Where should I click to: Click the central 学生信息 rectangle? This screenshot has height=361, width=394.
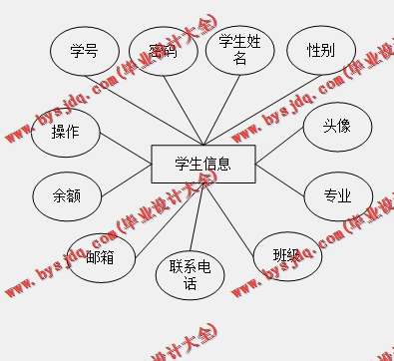click(x=202, y=165)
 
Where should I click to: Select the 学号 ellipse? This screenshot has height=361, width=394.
click(x=84, y=50)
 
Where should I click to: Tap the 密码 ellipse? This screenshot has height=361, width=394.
click(x=163, y=51)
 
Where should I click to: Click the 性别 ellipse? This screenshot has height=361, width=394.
click(x=320, y=51)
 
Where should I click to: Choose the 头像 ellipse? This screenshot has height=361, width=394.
click(x=336, y=127)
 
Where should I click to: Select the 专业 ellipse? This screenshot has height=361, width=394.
click(x=337, y=195)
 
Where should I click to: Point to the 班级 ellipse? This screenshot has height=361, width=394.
click(x=286, y=256)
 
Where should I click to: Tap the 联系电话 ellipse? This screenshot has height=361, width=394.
click(x=190, y=273)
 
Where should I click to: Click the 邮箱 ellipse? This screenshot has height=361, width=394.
click(x=100, y=257)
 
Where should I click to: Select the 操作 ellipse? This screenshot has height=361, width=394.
click(x=65, y=133)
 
